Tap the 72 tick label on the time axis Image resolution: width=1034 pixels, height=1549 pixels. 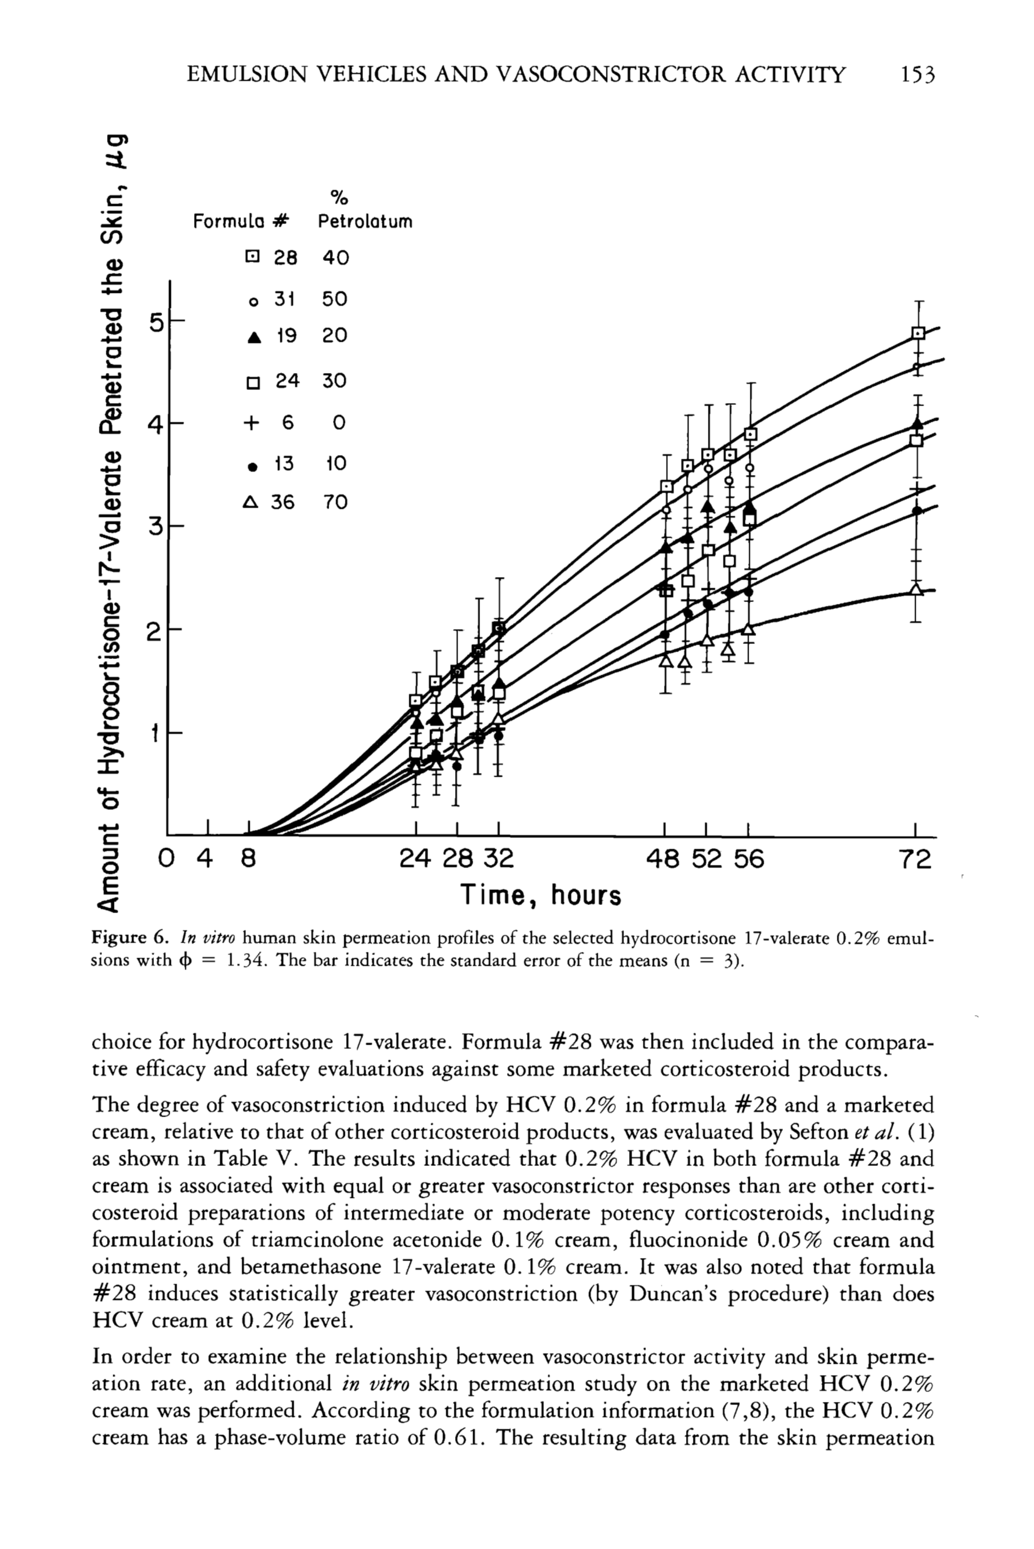pos(915,859)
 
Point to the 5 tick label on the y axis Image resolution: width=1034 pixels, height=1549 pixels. pos(156,324)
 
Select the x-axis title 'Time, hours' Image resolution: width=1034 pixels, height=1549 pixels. pos(541,896)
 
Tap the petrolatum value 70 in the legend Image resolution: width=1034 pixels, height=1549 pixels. pos(335,503)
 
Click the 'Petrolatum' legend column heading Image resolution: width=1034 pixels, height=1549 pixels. pos(365,222)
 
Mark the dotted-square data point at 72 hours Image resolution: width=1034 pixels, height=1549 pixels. pos(918,333)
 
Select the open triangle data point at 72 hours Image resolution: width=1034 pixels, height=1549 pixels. pos(916,588)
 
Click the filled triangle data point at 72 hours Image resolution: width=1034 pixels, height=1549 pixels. pos(918,423)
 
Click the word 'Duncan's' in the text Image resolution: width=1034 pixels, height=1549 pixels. pos(673,1294)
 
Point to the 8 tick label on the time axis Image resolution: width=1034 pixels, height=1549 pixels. pos(247,859)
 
